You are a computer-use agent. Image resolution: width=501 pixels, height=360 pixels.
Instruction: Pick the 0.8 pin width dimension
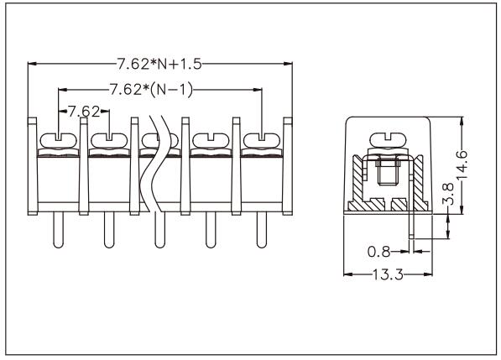381,249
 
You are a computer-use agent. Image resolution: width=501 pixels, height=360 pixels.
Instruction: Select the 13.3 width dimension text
388,274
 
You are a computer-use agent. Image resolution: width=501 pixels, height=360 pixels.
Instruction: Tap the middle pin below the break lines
158,231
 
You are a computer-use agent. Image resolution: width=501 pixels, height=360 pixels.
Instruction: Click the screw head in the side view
389,137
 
